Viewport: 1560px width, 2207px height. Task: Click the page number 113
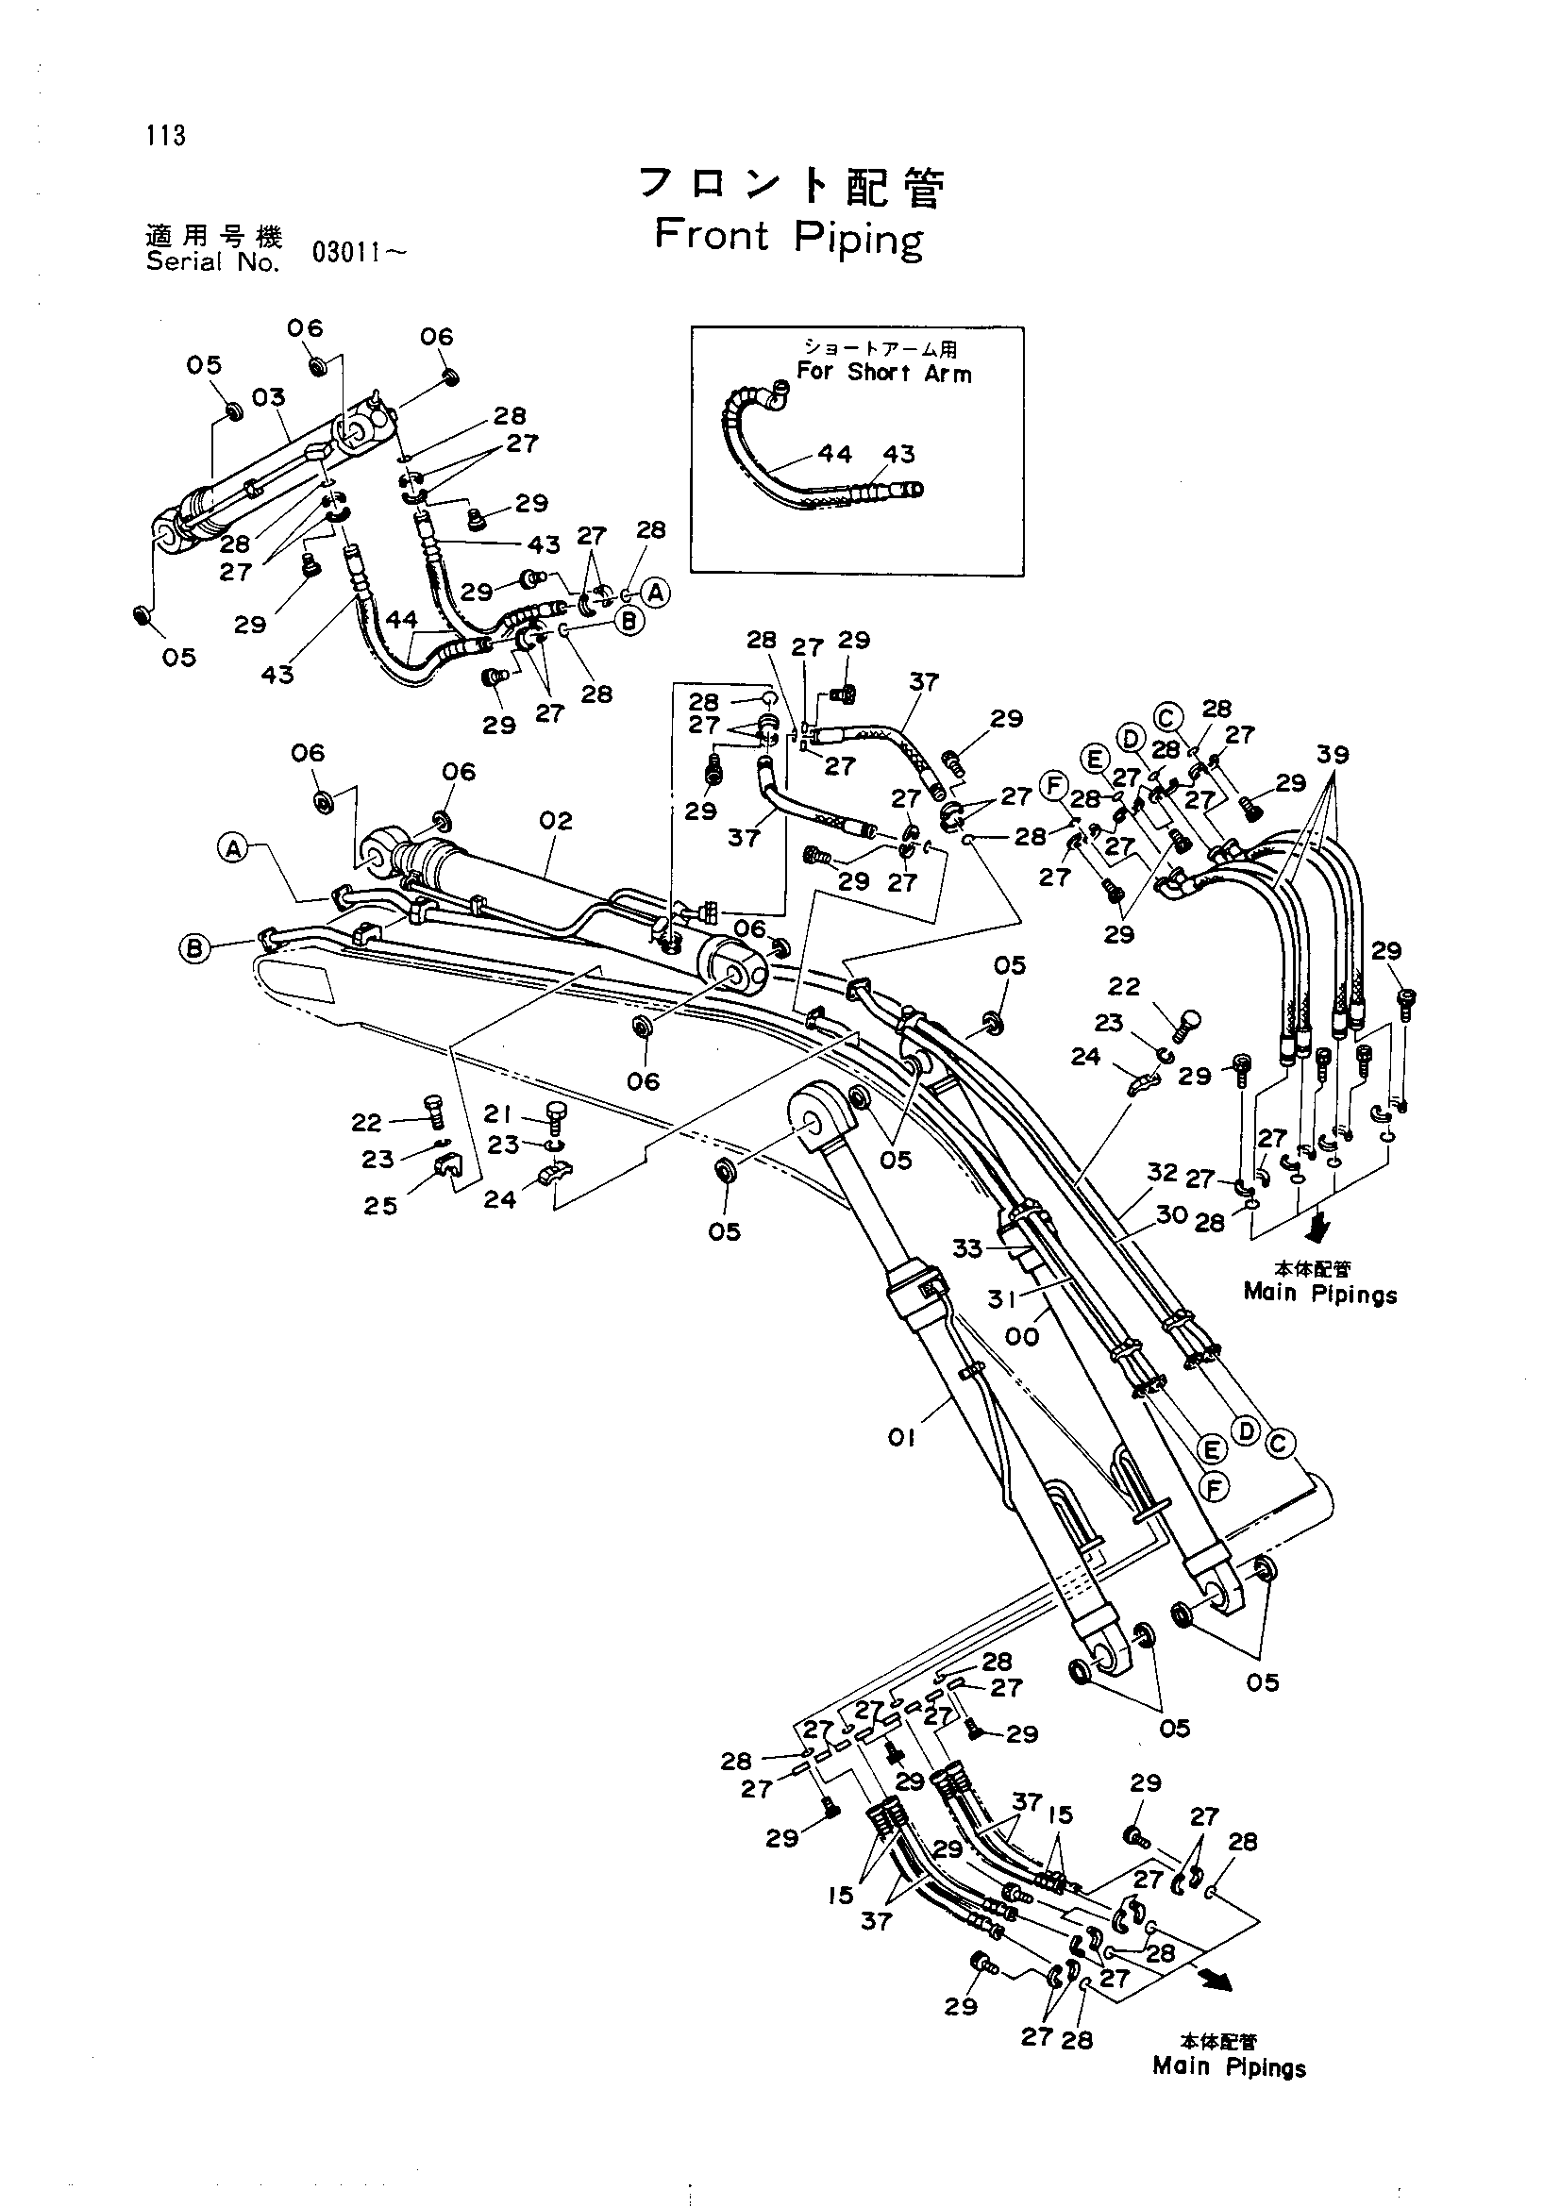click(166, 136)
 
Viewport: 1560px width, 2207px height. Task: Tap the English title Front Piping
click(788, 239)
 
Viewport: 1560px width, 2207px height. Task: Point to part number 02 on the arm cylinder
click(556, 820)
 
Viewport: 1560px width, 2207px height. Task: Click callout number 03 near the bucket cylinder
click(269, 397)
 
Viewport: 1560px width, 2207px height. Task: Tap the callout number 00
click(1022, 1336)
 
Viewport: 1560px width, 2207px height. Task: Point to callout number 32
click(1162, 1172)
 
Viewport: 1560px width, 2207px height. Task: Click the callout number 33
click(967, 1247)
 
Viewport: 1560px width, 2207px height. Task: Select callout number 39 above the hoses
click(1333, 755)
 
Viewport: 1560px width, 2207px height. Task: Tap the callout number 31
click(1001, 1298)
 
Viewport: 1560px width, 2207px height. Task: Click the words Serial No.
click(212, 261)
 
